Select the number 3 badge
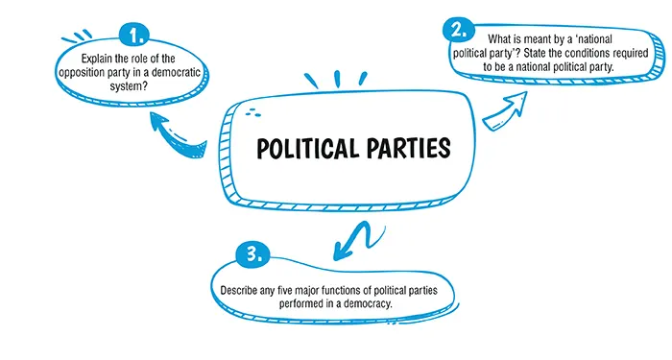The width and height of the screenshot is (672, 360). (x=252, y=257)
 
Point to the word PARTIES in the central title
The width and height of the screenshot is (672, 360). (x=407, y=150)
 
